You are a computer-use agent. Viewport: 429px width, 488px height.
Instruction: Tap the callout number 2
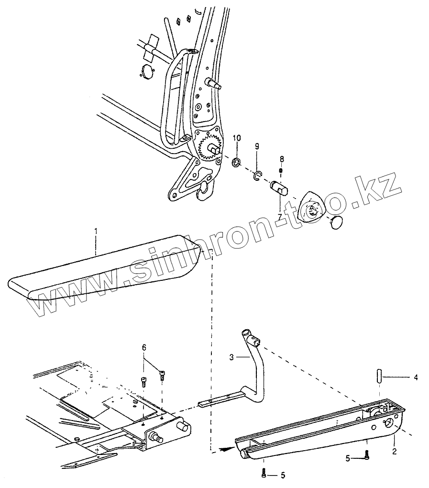395,451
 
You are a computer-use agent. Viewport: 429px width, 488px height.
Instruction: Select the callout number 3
231,357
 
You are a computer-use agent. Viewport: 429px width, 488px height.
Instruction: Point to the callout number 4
416,378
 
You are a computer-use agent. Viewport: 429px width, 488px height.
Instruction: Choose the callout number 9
256,146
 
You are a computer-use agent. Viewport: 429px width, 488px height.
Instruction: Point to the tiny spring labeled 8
282,170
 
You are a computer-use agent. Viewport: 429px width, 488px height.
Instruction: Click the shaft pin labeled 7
278,187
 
